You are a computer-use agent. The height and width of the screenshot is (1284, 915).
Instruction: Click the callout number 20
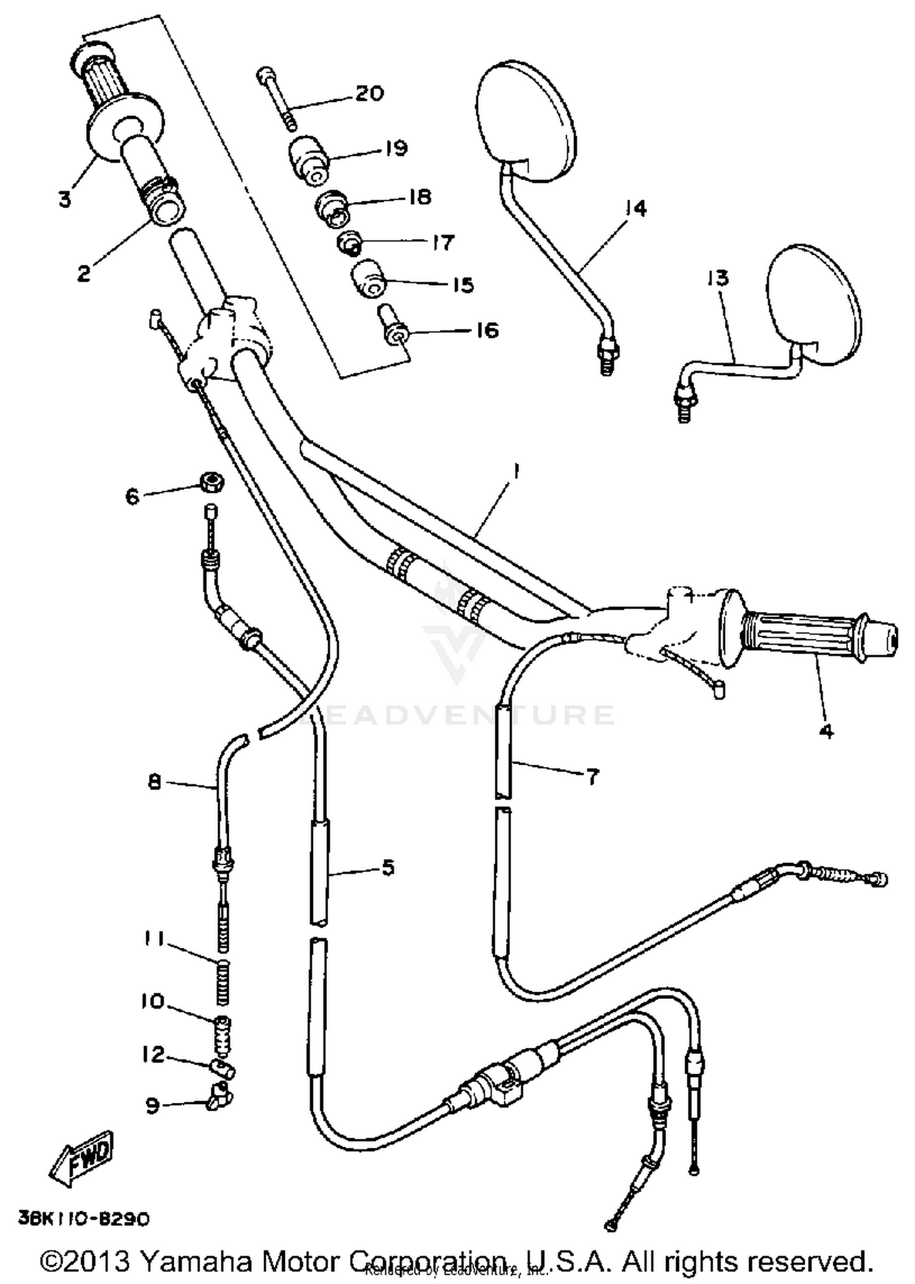370,93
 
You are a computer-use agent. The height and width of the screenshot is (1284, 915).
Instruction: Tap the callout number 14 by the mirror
635,209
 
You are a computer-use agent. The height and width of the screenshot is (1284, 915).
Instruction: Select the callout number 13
718,278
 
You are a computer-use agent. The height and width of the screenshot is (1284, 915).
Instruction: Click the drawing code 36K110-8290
84,1219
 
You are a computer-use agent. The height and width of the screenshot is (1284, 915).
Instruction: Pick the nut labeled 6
212,482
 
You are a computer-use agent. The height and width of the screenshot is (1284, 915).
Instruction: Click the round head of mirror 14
525,121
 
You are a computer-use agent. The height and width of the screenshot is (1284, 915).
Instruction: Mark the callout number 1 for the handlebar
516,471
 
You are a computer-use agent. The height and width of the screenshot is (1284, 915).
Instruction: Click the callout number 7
592,777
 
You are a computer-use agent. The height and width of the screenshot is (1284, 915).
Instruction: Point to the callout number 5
388,867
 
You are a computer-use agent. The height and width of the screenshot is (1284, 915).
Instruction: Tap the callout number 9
153,1105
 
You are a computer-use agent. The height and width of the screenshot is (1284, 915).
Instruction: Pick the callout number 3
65,199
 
